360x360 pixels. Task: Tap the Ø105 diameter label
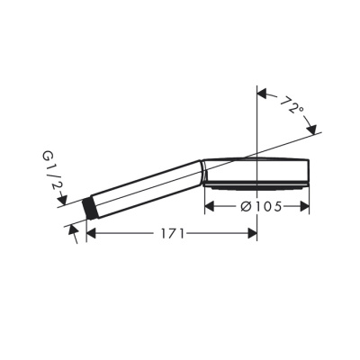(261, 206)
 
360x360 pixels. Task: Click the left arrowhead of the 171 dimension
(91, 233)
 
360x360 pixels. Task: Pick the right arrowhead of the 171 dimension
(253, 233)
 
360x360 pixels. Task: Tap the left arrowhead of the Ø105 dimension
(209, 206)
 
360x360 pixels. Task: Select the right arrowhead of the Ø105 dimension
(304, 206)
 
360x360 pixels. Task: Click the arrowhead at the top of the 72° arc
(262, 94)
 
